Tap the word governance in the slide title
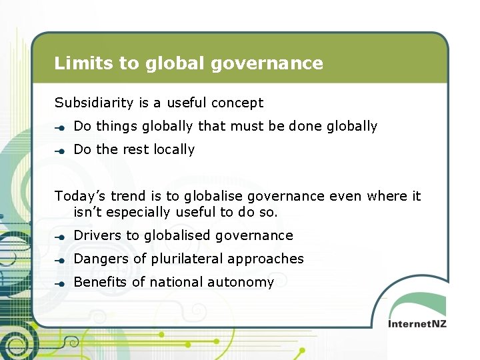tap(267, 64)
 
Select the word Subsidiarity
tap(95, 103)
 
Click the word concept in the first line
tap(237, 103)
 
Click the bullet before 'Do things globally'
tap(60, 127)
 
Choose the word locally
tap(174, 149)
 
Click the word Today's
tap(80, 196)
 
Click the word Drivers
tap(98, 235)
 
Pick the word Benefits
tap(100, 282)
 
